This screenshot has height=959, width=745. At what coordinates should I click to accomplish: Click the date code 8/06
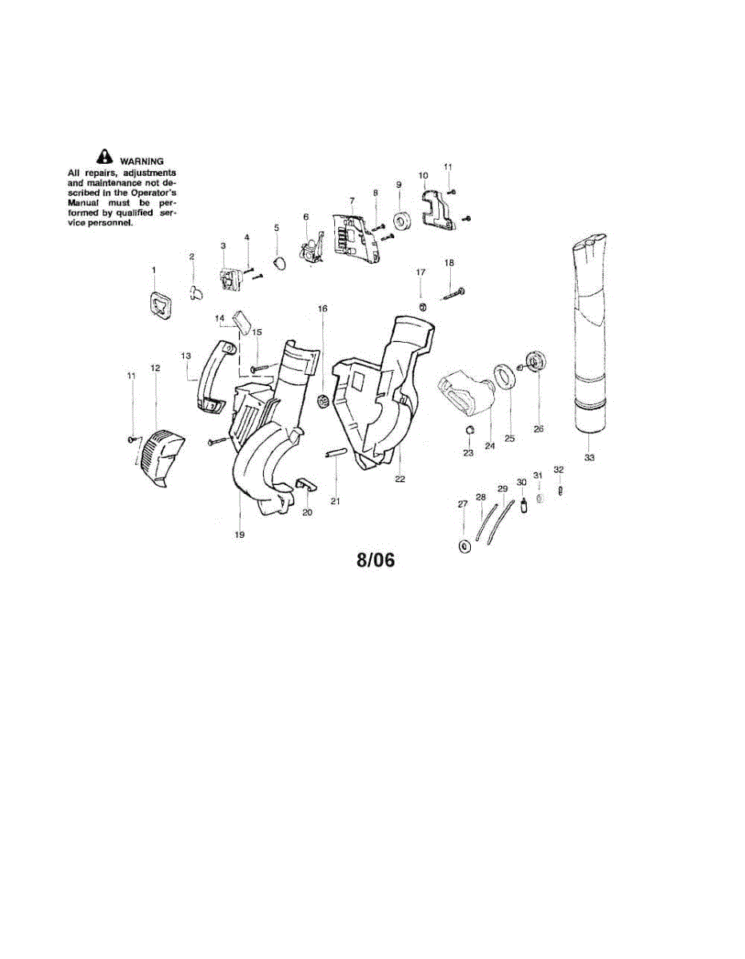click(375, 560)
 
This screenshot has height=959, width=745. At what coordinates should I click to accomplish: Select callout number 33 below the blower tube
click(590, 458)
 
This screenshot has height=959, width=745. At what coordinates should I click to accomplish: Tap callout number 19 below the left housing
click(239, 534)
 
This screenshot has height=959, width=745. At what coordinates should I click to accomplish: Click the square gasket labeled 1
click(160, 305)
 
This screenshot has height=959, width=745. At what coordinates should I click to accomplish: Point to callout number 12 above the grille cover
click(155, 368)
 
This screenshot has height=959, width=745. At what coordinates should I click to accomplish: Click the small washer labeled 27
click(463, 545)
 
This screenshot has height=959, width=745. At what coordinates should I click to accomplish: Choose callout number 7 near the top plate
click(351, 200)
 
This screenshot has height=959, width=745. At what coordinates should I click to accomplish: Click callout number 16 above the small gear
click(323, 308)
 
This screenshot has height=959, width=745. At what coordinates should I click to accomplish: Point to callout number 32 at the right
click(559, 469)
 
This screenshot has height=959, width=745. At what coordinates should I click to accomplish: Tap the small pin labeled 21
click(335, 454)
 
